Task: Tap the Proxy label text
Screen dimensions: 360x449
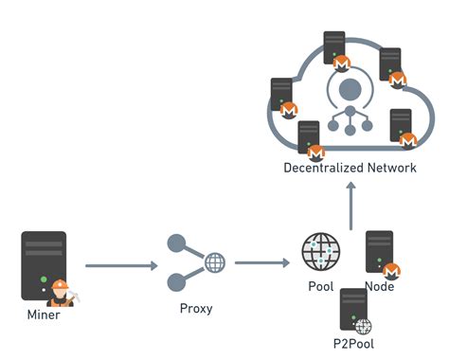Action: (x=195, y=308)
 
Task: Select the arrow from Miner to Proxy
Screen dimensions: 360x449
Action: (x=121, y=266)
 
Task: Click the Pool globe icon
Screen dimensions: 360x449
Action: (x=320, y=252)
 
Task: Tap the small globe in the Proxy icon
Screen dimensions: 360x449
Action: (x=214, y=262)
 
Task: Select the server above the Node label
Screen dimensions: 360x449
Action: (x=379, y=250)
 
